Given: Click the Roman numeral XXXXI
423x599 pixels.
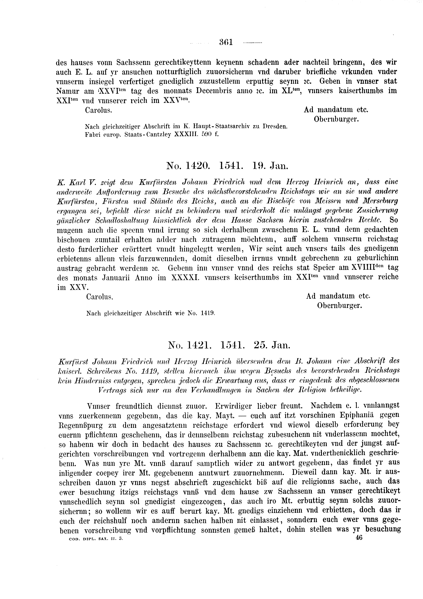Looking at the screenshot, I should pos(184,277).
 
